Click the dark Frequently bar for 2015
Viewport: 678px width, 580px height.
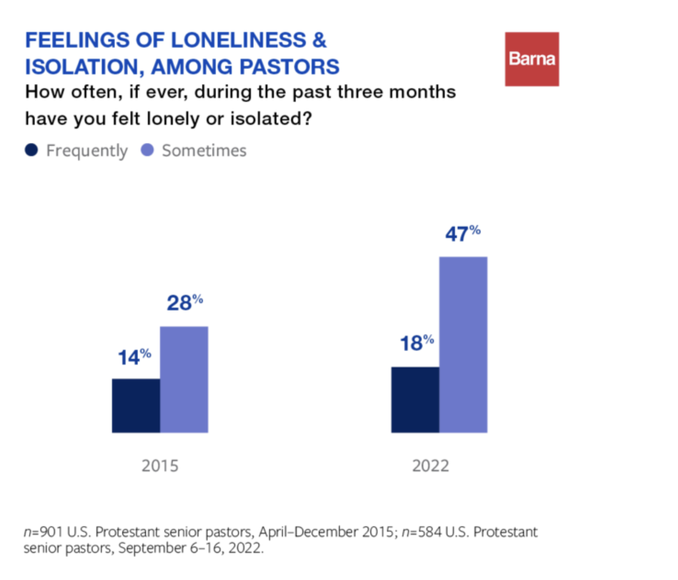click(x=136, y=405)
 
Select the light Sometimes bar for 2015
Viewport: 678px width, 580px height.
click(x=184, y=379)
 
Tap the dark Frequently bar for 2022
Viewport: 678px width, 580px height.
click(x=415, y=400)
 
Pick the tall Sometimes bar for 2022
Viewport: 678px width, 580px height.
click(x=463, y=344)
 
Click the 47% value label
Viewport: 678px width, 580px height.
click(x=462, y=234)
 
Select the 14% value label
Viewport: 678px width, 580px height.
click(x=134, y=357)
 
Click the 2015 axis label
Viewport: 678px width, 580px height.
click(x=160, y=466)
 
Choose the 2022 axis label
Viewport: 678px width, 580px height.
click(x=430, y=466)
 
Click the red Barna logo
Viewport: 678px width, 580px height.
click(x=532, y=59)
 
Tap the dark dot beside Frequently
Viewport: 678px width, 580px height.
click(x=32, y=150)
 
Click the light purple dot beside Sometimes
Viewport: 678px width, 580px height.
click(x=147, y=150)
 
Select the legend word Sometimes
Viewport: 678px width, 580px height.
click(x=204, y=150)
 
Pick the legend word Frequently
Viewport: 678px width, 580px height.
click(x=87, y=151)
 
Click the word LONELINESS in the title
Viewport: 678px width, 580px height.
click(x=238, y=40)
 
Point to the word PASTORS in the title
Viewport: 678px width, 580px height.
click(x=289, y=67)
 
